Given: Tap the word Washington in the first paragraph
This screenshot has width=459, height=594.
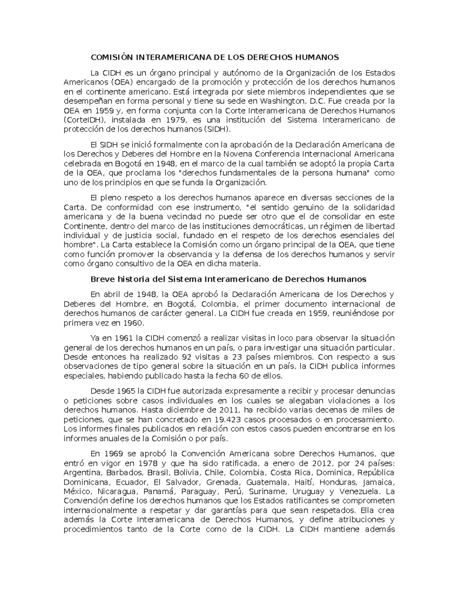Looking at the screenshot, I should [282, 101].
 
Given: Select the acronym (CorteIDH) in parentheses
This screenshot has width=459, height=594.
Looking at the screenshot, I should [81, 120].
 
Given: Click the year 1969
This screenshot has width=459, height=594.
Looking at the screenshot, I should [112, 454].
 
